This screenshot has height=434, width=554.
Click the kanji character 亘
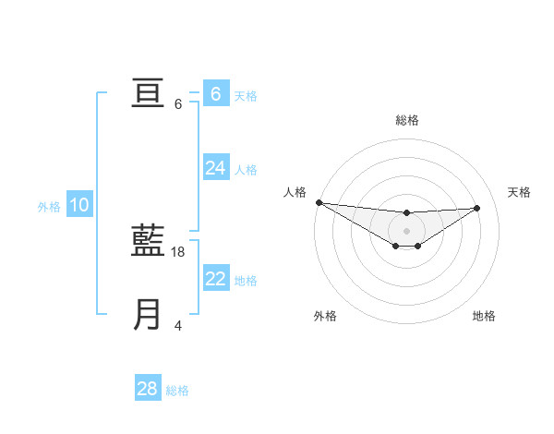(x=149, y=94)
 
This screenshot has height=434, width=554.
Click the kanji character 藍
(x=149, y=242)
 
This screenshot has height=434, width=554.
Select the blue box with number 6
(x=215, y=94)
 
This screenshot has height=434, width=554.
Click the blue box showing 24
(x=215, y=168)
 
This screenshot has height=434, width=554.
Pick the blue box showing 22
(x=215, y=279)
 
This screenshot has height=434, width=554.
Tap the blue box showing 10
(x=79, y=206)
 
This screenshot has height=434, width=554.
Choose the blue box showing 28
(x=148, y=389)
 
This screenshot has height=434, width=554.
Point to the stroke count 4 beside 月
(x=178, y=326)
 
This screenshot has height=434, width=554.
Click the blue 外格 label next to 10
(x=49, y=207)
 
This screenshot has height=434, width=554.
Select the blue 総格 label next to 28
(x=177, y=391)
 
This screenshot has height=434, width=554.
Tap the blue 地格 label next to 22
(x=246, y=281)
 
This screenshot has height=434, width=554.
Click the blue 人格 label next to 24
(x=246, y=170)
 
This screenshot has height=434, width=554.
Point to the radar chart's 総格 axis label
(x=406, y=120)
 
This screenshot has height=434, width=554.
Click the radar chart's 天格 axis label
(x=519, y=192)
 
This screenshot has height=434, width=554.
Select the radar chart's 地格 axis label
(x=484, y=316)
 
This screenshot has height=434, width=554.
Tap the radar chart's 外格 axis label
(x=325, y=316)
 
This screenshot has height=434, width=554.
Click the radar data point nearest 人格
(x=319, y=202)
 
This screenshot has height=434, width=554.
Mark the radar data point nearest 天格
(x=477, y=208)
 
